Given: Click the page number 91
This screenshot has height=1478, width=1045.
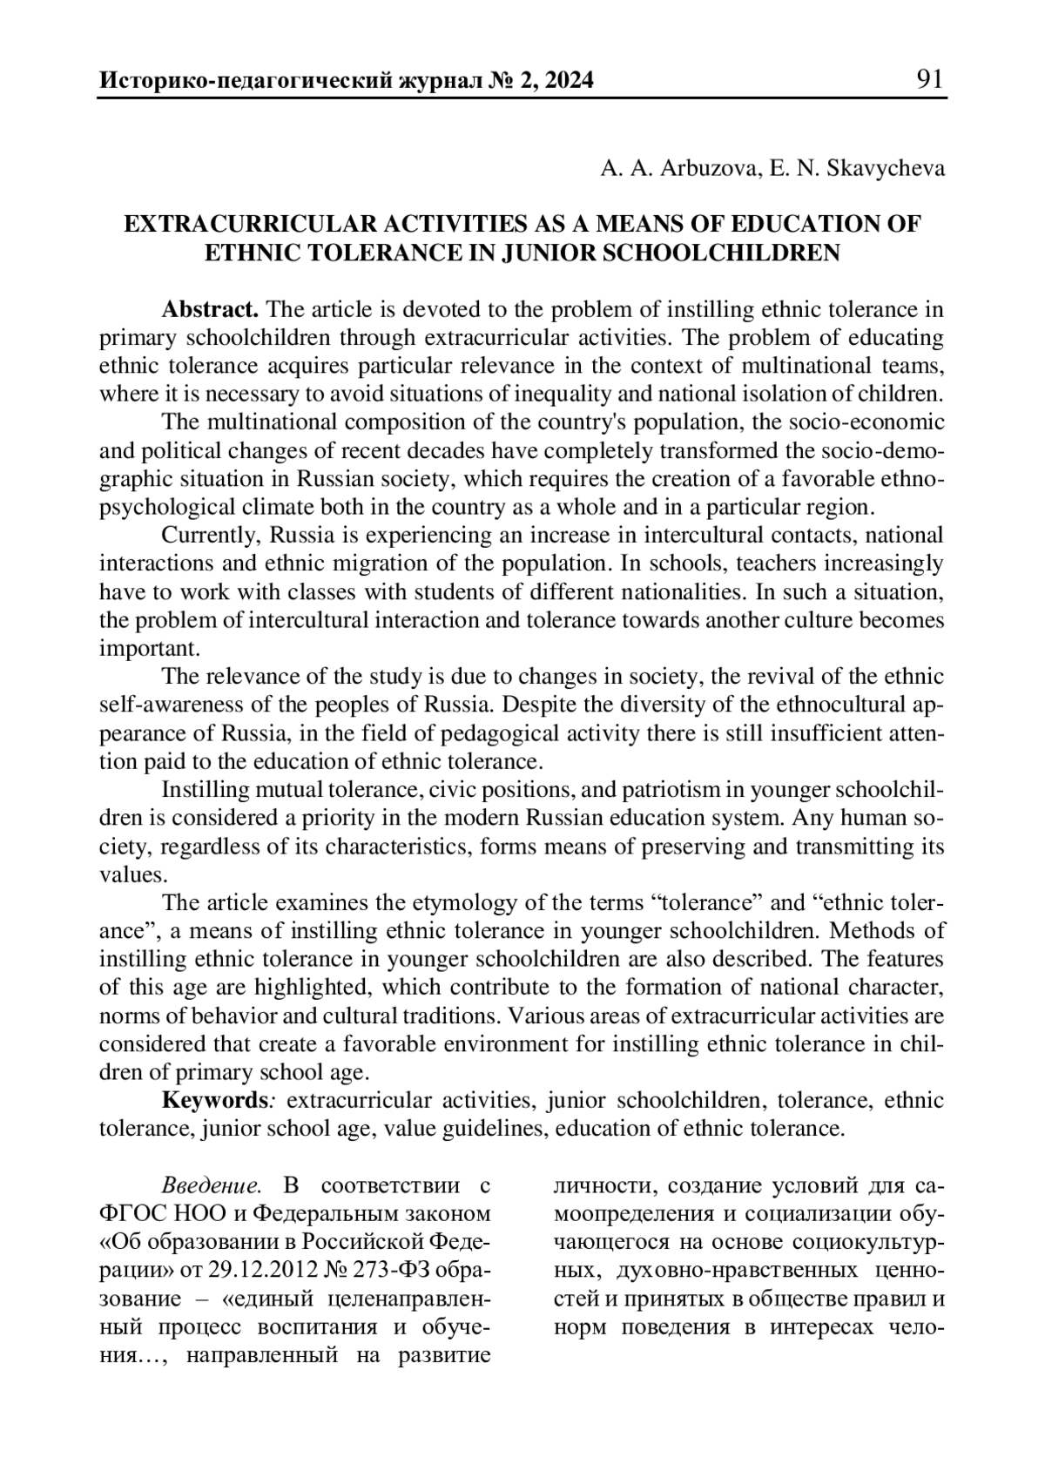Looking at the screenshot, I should coord(929,80).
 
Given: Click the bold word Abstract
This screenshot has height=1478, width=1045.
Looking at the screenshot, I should coord(210,309).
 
